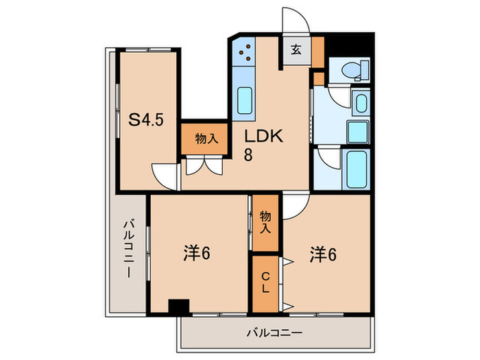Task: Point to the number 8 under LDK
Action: tap(248, 154)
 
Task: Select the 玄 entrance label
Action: tap(296, 50)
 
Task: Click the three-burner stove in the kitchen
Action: tap(245, 50)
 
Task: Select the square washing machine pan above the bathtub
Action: tap(357, 130)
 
